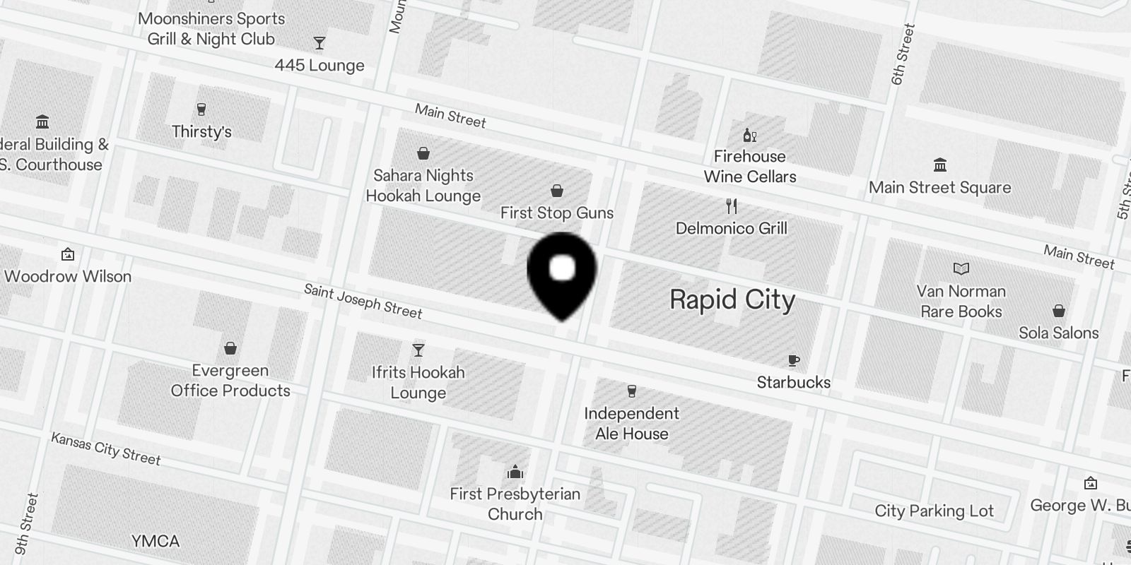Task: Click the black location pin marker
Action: pos(562,273)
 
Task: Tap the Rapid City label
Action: pos(732,299)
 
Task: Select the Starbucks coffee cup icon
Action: pos(794,361)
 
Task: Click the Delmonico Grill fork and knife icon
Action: pos(732,206)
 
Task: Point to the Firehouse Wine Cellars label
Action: pos(749,167)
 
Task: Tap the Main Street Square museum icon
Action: pos(940,165)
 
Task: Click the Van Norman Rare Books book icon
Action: pos(961,268)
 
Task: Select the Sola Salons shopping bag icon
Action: pos(1059,311)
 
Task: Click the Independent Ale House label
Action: pos(631,423)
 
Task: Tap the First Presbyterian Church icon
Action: pos(515,472)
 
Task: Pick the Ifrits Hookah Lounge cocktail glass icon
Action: pos(418,350)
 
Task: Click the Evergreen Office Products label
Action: pos(230,381)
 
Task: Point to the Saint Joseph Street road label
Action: pos(363,301)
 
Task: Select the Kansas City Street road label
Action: pos(106,449)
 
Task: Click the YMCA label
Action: pos(156,542)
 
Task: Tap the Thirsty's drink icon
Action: pos(201,109)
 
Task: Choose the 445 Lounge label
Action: pos(320,66)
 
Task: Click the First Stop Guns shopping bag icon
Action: pos(557,191)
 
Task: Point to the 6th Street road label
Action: pos(903,55)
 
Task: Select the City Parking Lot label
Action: pos(934,511)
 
